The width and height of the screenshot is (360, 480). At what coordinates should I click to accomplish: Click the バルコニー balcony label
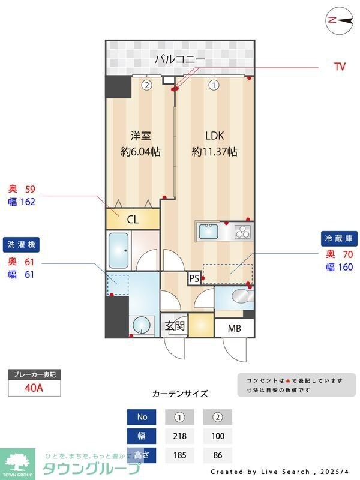(x=180, y=59)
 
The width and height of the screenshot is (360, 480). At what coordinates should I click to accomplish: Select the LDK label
(x=214, y=135)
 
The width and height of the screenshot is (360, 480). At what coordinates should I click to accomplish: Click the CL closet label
(x=133, y=220)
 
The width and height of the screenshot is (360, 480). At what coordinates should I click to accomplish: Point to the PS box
(x=194, y=278)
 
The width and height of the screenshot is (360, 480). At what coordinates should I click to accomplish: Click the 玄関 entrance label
(x=175, y=327)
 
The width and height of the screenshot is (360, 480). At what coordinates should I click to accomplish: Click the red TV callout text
(x=340, y=67)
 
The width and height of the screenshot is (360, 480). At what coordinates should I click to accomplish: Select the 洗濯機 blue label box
(x=22, y=245)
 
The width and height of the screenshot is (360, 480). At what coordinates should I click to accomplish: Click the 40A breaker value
(x=34, y=388)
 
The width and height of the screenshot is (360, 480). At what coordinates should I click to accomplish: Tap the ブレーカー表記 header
(x=34, y=375)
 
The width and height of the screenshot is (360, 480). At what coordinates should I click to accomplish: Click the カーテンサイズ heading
(x=180, y=394)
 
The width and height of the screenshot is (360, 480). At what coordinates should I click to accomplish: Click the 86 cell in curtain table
(x=217, y=455)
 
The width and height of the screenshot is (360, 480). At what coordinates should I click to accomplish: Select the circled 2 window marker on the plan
(x=146, y=85)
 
